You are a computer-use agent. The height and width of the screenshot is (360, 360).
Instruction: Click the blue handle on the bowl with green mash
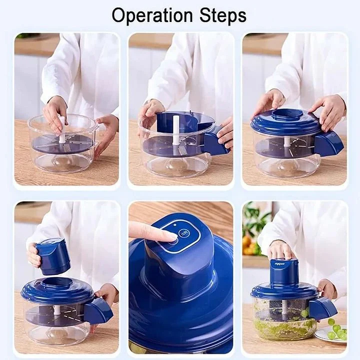[322, 308]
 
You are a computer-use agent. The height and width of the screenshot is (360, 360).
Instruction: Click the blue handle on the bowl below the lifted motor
[97, 310]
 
